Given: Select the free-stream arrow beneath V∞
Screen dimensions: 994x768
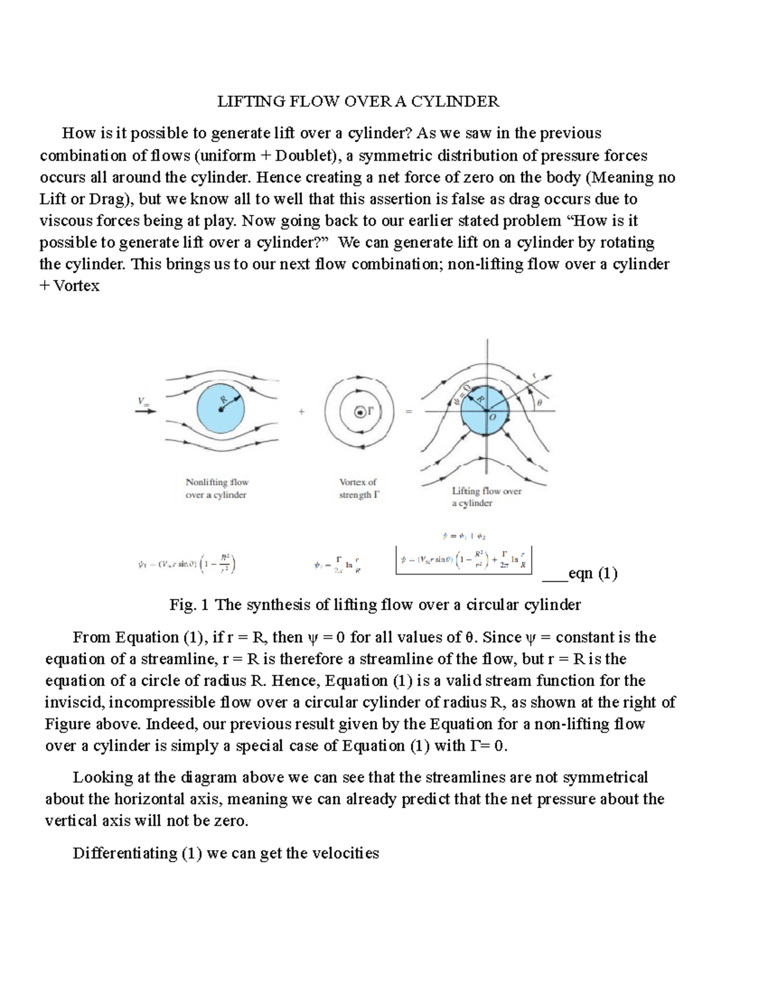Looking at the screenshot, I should [x=145, y=412].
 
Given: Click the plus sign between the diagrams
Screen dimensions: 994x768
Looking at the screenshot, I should [x=301, y=412].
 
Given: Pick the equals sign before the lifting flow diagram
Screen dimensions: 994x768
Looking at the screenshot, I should [x=408, y=412].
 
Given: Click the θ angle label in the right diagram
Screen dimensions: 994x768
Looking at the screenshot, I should [x=539, y=403].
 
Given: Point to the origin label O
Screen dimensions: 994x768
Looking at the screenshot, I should [x=493, y=417].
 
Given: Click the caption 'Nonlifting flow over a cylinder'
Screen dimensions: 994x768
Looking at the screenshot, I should [x=216, y=488].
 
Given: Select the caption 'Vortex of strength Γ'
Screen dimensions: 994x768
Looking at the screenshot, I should [x=358, y=488].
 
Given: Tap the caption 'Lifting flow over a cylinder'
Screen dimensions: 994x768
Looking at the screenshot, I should [x=486, y=497].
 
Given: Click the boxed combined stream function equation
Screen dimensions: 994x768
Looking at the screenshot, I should [x=464, y=560].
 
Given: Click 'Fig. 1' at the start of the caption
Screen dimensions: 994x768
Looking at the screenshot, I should [x=189, y=605].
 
